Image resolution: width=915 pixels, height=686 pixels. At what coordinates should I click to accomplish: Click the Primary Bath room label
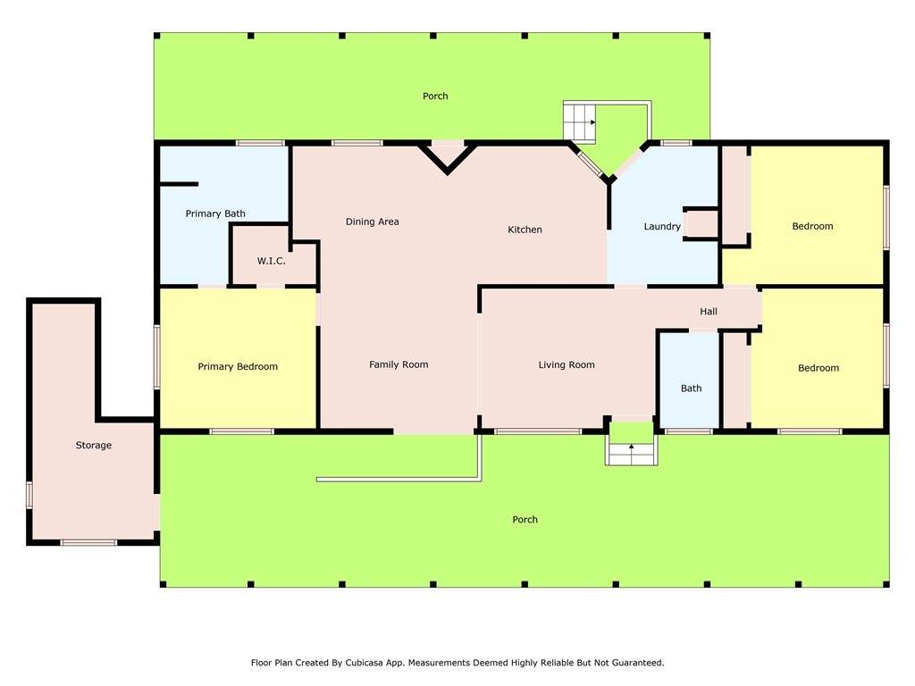[215, 213]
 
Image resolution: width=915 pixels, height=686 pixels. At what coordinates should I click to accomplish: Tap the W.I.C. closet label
[272, 261]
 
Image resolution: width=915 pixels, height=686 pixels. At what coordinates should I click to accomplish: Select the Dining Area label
[373, 222]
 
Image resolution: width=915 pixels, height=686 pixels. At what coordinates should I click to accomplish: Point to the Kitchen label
[525, 230]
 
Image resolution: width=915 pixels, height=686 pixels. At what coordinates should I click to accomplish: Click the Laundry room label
[662, 226]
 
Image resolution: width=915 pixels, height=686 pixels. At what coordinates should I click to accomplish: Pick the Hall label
[709, 312]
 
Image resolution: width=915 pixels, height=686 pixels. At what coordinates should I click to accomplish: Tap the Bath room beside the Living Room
[691, 389]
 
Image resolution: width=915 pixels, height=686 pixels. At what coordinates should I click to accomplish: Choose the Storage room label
[93, 445]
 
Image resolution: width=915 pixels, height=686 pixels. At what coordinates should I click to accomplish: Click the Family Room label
[399, 364]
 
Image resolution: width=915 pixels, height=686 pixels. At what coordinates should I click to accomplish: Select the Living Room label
[567, 365]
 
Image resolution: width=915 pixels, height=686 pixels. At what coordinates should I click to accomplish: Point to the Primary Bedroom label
[238, 366]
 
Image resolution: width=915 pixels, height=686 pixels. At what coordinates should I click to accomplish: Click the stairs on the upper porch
[579, 121]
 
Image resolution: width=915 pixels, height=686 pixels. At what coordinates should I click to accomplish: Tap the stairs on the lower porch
[631, 453]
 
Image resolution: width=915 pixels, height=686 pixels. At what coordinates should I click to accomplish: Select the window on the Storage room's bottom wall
[88, 543]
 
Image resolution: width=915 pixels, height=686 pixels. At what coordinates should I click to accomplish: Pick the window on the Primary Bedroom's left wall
[157, 356]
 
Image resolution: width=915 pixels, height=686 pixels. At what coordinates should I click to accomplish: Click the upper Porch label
[435, 96]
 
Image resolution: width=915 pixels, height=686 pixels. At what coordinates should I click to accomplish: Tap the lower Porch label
[525, 520]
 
